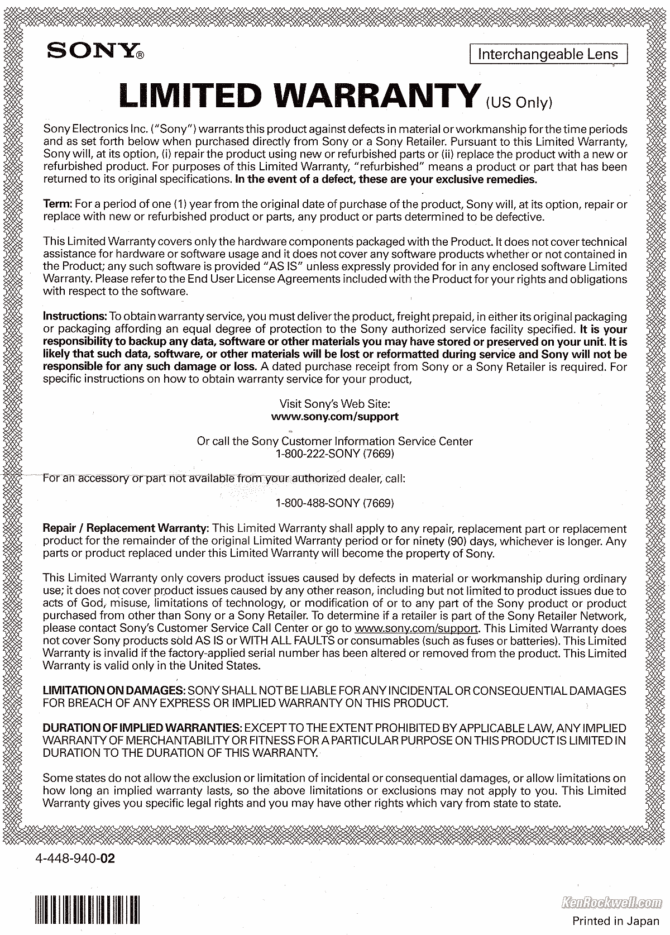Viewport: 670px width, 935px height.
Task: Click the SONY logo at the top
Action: [x=95, y=52]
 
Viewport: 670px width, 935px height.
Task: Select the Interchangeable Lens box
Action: [x=548, y=54]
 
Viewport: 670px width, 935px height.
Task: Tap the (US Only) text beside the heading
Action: [x=519, y=102]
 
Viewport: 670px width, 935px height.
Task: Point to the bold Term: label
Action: [x=58, y=204]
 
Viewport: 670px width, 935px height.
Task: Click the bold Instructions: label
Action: [x=75, y=317]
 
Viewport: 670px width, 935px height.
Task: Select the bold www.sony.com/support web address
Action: [x=334, y=416]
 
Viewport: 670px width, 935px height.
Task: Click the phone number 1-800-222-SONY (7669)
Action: [x=334, y=454]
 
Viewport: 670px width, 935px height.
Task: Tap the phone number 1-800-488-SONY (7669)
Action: [x=334, y=503]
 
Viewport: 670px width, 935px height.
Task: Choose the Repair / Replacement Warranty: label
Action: [x=126, y=528]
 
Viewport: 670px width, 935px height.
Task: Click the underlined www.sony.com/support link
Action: [x=417, y=628]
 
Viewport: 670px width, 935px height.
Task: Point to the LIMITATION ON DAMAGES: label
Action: [x=114, y=691]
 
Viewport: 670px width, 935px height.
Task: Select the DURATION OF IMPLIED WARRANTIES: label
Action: [x=142, y=728]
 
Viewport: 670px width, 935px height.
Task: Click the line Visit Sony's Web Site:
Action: [x=334, y=404]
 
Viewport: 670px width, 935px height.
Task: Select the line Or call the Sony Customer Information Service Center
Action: [x=334, y=441]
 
